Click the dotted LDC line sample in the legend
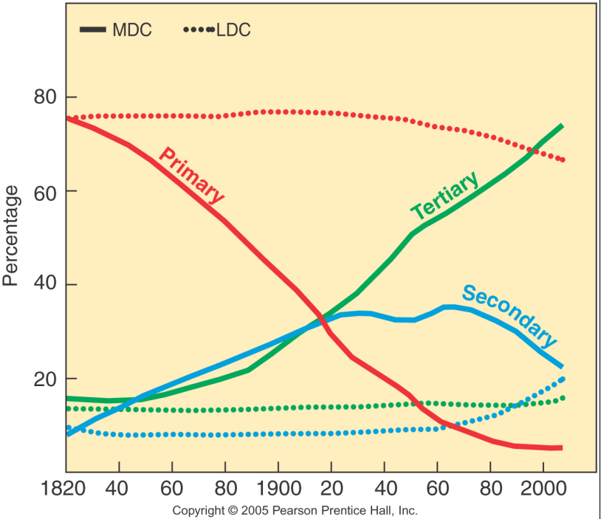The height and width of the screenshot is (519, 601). [198, 30]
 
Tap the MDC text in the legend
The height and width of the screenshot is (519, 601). [132, 30]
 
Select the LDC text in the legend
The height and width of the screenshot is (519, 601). [233, 30]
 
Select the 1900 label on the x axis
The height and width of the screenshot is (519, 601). [278, 488]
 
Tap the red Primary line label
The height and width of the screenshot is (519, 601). [191, 174]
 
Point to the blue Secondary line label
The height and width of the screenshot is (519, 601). [509, 315]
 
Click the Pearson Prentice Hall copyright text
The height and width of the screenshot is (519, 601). [295, 510]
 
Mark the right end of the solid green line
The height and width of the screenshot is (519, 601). [562, 126]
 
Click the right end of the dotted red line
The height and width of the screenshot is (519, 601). [563, 159]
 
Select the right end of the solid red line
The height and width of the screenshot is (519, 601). [560, 447]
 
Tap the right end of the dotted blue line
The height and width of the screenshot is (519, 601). [563, 379]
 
